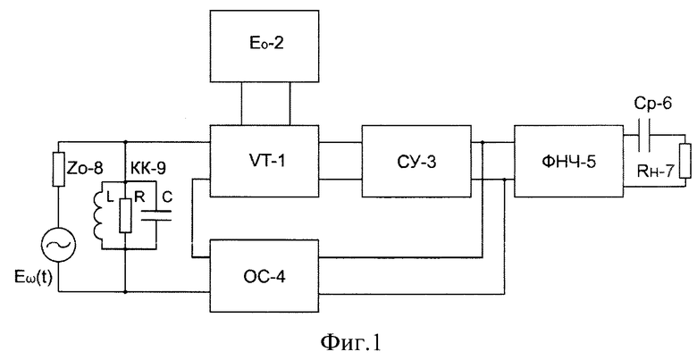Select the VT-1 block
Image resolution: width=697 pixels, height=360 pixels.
[x=264, y=161]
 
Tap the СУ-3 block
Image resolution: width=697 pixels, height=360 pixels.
[x=416, y=161]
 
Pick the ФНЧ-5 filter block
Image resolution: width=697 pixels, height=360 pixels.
[x=569, y=161]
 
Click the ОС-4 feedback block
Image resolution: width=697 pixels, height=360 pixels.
[x=265, y=275]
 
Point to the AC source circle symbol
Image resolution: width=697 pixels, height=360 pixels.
[x=58, y=245]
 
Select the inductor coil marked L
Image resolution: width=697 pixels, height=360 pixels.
[x=97, y=215]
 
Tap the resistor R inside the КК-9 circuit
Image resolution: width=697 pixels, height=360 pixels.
[x=125, y=215]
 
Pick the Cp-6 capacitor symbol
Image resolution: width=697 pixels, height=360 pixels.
[x=644, y=135]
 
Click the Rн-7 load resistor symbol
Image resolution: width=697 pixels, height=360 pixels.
[x=685, y=161]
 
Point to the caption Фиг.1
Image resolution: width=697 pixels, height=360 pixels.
[x=349, y=342]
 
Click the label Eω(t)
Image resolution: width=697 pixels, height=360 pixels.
[x=33, y=278]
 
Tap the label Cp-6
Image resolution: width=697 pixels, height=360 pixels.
[x=652, y=105]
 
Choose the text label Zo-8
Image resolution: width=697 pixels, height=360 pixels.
[x=86, y=170]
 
